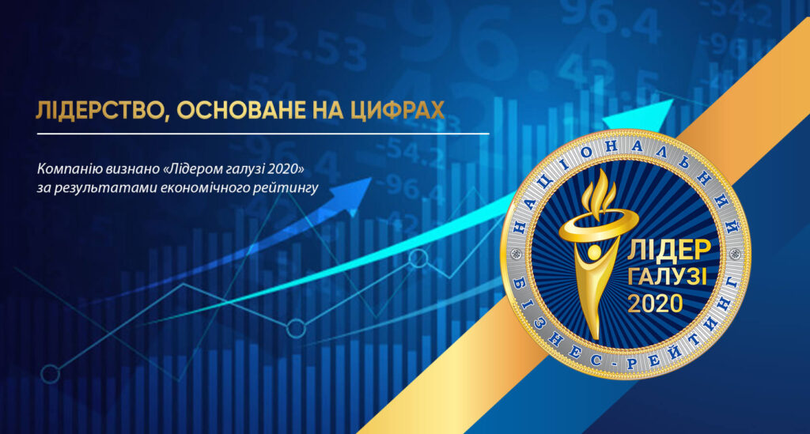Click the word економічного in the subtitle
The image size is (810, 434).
(x=205, y=187)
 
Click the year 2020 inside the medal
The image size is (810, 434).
(x=655, y=304)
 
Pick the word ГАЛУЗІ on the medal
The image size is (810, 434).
(x=667, y=277)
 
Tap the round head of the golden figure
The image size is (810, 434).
(x=595, y=252)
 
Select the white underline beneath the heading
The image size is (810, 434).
(x=263, y=134)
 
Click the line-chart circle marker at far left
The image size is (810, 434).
(x=50, y=374)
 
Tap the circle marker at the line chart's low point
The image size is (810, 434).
(x=296, y=328)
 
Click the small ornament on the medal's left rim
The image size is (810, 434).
(x=515, y=254)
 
